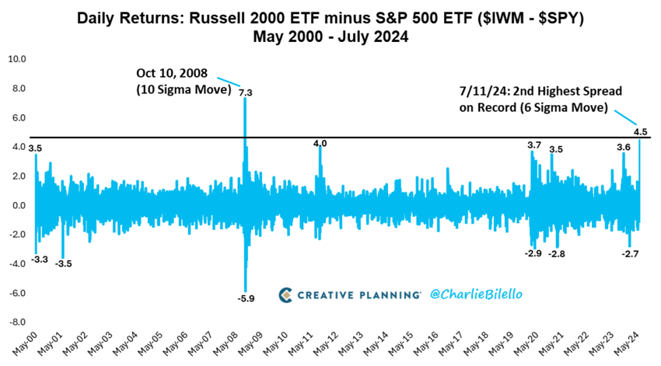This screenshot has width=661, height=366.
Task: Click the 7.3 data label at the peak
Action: pos(245,93)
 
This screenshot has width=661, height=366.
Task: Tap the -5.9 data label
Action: pos(246,298)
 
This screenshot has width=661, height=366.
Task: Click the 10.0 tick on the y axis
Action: pos(16,59)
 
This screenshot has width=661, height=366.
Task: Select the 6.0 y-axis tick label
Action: pos(18,118)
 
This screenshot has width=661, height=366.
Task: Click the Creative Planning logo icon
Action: pos(286,294)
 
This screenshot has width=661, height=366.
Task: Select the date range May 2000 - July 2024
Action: pos(331,37)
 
